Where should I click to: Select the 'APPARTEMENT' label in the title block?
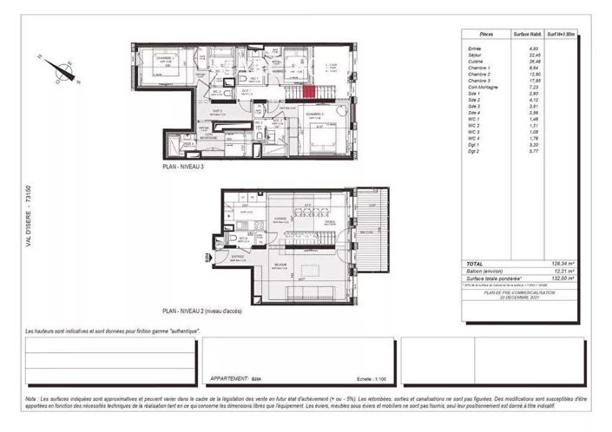tap(228, 379)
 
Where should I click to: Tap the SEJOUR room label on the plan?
tap(280, 265)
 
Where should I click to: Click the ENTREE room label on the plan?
tap(236, 257)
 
